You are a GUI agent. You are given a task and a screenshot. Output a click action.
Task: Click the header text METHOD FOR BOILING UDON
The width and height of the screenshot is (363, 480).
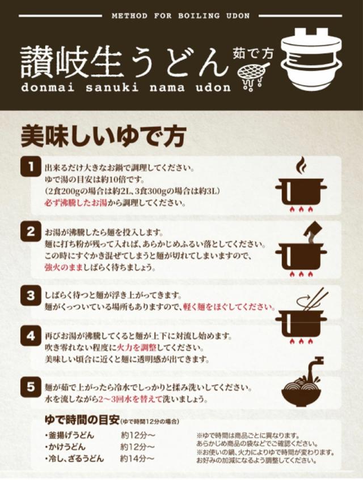[x=180, y=16]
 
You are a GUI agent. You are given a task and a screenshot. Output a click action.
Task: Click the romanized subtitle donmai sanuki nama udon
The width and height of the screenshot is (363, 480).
[x=126, y=88]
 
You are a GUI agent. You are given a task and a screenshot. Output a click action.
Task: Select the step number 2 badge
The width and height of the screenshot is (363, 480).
[x=29, y=232]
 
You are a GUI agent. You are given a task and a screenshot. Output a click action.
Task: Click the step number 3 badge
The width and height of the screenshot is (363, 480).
[x=29, y=295]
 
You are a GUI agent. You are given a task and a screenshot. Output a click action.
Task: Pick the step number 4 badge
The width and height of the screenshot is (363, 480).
[x=29, y=335]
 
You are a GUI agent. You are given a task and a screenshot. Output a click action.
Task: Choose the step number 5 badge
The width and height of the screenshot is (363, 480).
[x=29, y=388]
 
